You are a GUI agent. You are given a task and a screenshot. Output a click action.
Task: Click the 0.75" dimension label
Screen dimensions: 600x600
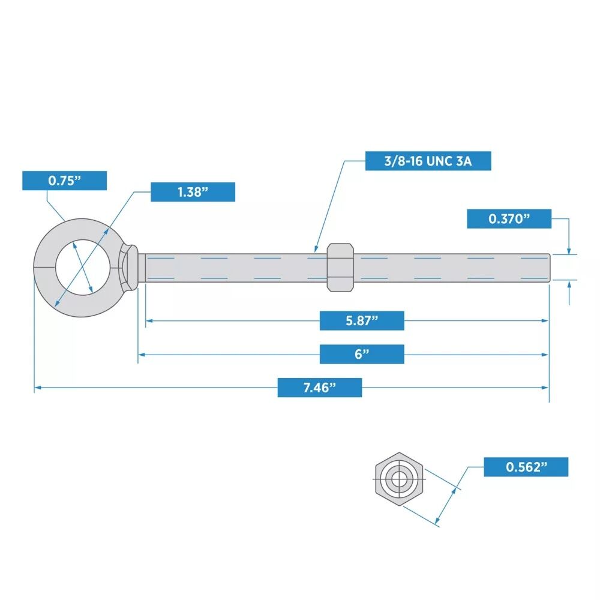64,181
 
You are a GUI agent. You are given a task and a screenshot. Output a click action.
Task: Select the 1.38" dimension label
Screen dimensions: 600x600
193,192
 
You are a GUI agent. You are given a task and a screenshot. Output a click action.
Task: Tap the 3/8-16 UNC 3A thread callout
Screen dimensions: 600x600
428,161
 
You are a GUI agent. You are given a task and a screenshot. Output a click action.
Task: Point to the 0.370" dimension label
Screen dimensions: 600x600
509,219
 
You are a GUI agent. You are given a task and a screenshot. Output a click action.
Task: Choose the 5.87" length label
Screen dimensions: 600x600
361,320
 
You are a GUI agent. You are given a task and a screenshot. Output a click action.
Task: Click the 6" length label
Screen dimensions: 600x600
361,354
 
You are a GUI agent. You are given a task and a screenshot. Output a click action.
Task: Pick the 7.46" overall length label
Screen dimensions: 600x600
319,388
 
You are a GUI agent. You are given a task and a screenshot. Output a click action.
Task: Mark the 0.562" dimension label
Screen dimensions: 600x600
526,467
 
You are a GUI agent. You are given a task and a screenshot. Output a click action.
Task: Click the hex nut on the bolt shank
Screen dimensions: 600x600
340,267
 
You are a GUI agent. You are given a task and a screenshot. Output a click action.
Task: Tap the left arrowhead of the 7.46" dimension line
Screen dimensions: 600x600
37,388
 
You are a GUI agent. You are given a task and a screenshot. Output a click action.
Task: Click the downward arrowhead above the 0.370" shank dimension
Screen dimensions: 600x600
569,251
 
